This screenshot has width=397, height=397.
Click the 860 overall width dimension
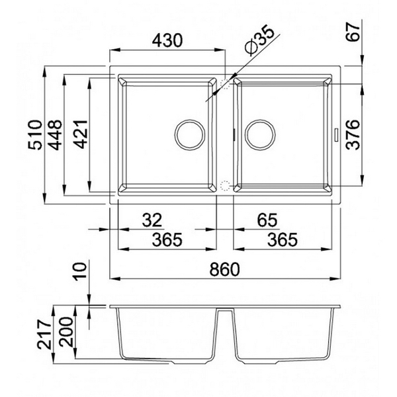[224, 269]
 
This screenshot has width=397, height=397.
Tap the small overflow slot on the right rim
[338, 134]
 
